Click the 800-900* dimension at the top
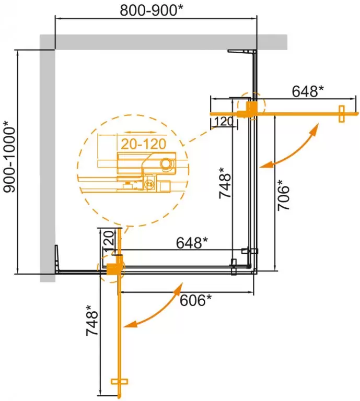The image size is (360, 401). coord(152,10)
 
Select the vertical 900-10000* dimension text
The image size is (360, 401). coord(10,157)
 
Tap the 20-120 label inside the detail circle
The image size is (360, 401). coord(143,145)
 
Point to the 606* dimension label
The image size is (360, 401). coord(195,300)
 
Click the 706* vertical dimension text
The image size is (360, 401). coord(284,195)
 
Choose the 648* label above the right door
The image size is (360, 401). coord(308,91)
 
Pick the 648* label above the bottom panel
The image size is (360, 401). coord(192,243)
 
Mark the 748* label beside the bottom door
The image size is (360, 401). coord(92,320)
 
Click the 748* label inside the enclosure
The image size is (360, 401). coord(225,183)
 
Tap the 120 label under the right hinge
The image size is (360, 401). coord(224,122)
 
